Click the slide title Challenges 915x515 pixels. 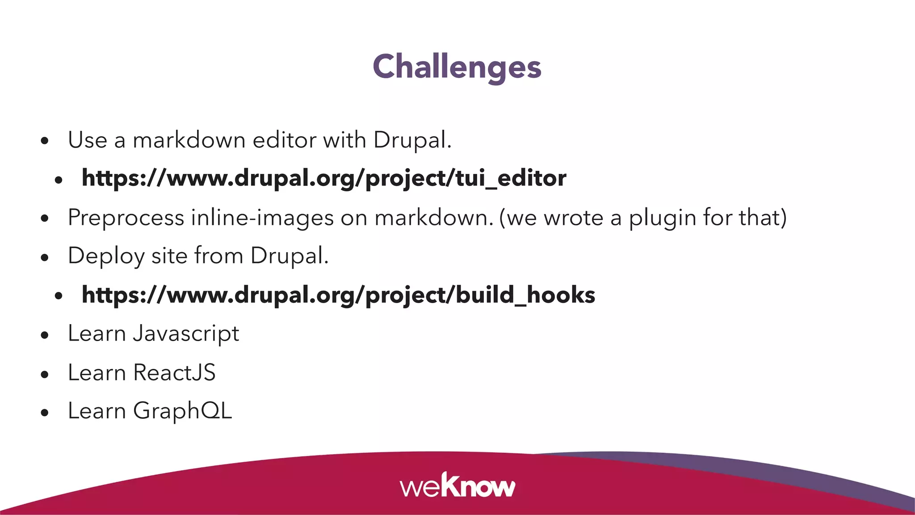(x=457, y=67)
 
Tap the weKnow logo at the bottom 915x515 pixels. (x=457, y=486)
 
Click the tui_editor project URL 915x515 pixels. (x=324, y=178)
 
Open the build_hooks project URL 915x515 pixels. (x=338, y=295)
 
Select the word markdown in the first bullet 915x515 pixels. (x=189, y=140)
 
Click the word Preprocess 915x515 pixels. (x=126, y=218)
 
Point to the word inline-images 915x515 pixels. (x=262, y=218)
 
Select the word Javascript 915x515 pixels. (x=186, y=334)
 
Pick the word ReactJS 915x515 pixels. (x=174, y=372)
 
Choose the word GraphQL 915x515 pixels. (x=182, y=411)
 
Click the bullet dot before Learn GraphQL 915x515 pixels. (x=44, y=413)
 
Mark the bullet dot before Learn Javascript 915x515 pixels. (x=44, y=335)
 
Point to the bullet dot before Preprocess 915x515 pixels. (x=44, y=219)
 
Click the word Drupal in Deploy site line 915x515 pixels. (x=289, y=256)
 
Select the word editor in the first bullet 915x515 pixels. (x=284, y=140)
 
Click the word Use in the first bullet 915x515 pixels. (x=88, y=140)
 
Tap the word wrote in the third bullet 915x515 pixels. (x=573, y=218)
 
